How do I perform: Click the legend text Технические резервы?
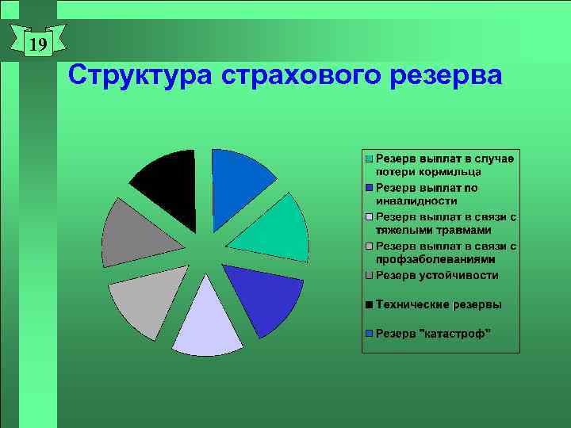click(439, 304)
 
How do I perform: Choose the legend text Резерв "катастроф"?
click(433, 333)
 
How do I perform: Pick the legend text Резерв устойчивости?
click(437, 275)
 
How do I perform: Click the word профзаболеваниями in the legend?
click(435, 259)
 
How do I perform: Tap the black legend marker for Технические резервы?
click(369, 304)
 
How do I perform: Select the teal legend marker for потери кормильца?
click(369, 159)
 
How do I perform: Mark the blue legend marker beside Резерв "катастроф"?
click(369, 333)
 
